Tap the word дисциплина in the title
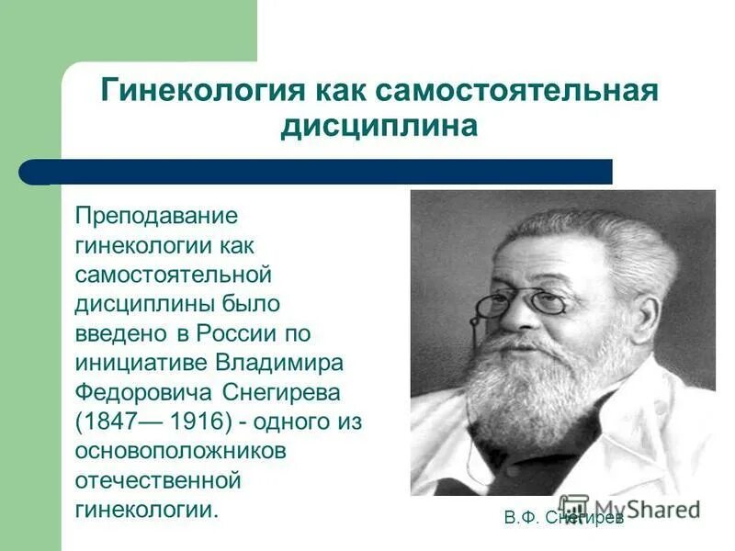click(x=379, y=126)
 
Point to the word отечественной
click(x=157, y=480)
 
